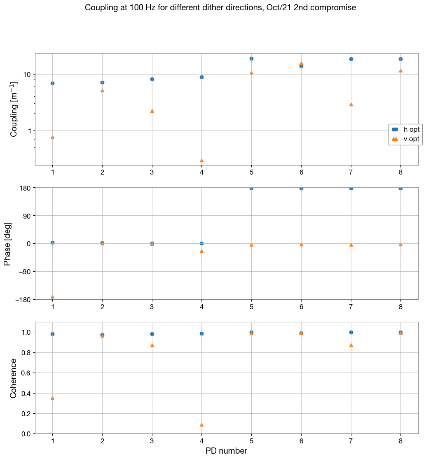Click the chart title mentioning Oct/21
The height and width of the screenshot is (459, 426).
click(220, 8)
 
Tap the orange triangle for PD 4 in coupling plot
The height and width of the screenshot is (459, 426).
click(201, 160)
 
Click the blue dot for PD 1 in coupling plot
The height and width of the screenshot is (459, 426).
click(52, 83)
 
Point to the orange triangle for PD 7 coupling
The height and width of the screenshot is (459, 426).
click(351, 104)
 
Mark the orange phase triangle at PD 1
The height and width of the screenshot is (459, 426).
click(52, 296)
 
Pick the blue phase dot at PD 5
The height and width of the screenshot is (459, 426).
click(251, 188)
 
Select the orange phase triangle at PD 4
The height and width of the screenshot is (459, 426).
click(201, 251)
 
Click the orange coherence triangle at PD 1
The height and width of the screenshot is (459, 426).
click(52, 398)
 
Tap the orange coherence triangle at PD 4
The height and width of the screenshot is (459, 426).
click(201, 424)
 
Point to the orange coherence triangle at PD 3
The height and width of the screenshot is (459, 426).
click(152, 345)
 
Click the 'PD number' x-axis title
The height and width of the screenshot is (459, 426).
click(226, 451)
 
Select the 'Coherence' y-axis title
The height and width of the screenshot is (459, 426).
click(14, 378)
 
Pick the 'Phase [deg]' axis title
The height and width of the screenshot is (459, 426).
click(7, 244)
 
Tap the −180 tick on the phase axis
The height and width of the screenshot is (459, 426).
click(24, 299)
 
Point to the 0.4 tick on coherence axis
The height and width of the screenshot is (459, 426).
click(26, 393)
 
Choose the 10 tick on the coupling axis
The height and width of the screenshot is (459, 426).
click(27, 75)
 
